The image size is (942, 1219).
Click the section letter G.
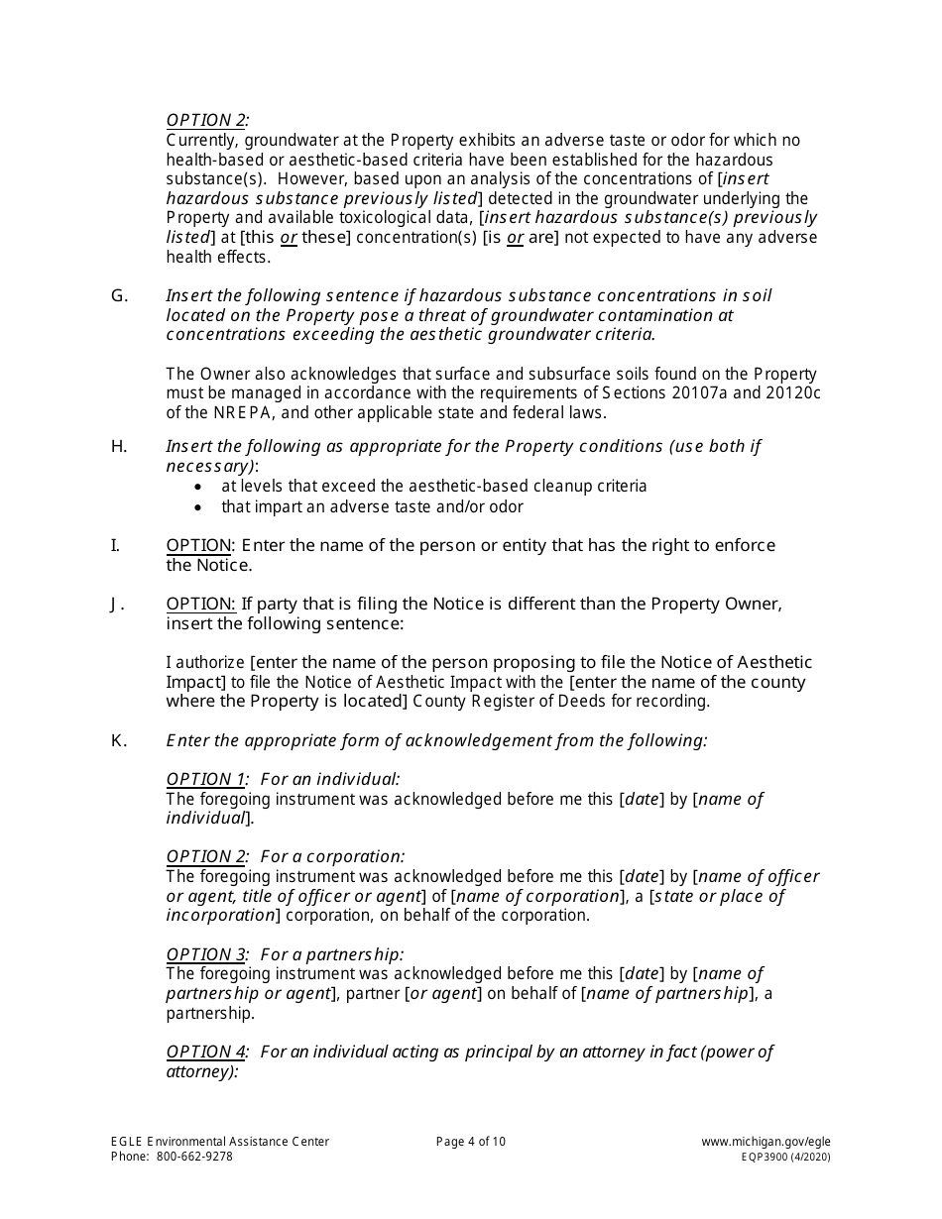coord(119,295)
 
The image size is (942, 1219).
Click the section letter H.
coord(119,446)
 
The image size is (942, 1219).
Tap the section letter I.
coord(115,545)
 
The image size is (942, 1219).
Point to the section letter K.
coord(119,740)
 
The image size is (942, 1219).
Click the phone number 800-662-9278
coord(194,1157)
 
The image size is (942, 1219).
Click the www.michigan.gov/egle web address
coord(765,1142)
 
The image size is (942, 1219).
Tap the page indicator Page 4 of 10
coord(471,1142)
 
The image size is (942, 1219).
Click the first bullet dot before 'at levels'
coord(200,487)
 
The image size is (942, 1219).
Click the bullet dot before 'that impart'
coord(200,507)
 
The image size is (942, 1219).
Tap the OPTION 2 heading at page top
coord(206,121)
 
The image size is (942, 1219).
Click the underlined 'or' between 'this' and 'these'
coord(289,238)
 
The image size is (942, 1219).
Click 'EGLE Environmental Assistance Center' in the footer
coord(220,1142)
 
